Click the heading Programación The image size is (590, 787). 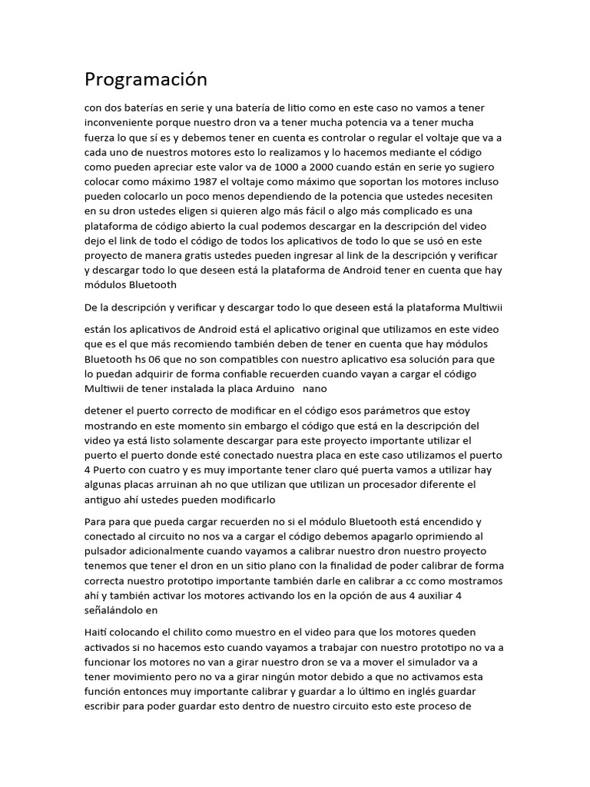(146, 79)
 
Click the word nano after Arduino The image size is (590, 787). (315, 388)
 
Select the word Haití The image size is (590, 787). (98, 632)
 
